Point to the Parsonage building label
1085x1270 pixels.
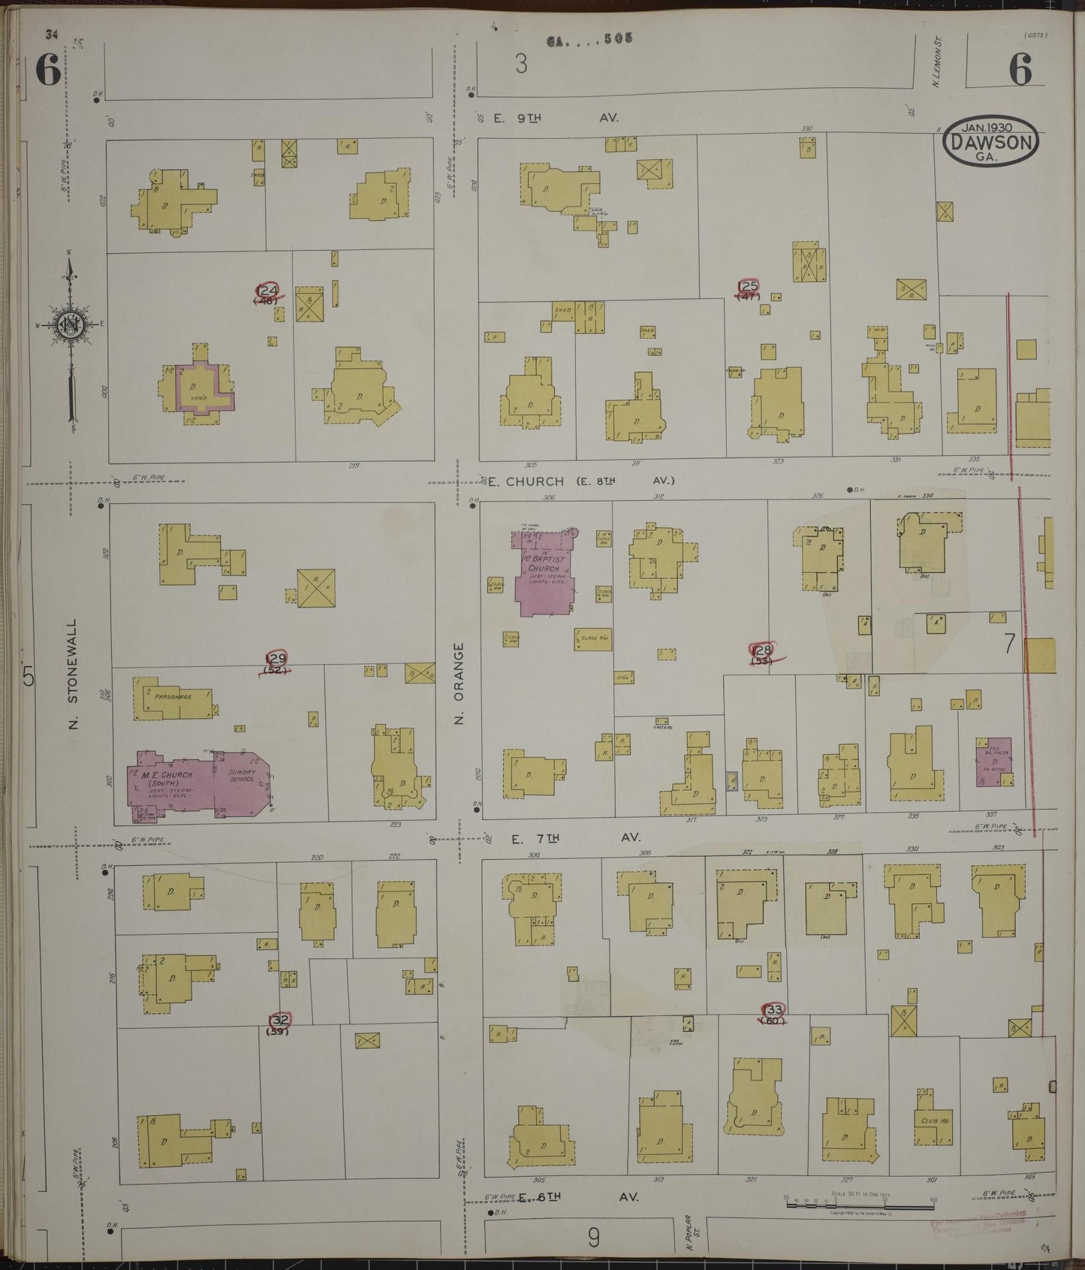pyautogui.click(x=173, y=697)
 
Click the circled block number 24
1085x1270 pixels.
pyautogui.click(x=267, y=291)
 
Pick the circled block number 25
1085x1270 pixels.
pyautogui.click(x=749, y=287)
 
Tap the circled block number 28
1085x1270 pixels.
pyautogui.click(x=763, y=650)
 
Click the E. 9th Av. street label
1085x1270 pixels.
pyautogui.click(x=556, y=119)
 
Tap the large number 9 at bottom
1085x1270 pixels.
pyautogui.click(x=593, y=1237)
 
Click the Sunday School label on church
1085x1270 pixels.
pyautogui.click(x=243, y=777)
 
